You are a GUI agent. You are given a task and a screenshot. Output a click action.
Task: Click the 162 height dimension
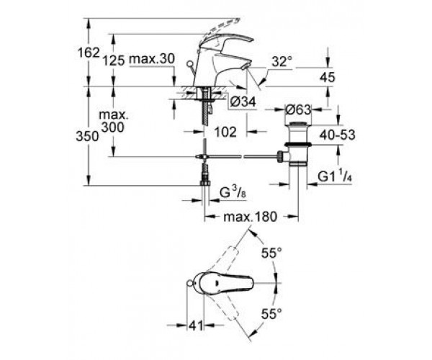coord(89,53)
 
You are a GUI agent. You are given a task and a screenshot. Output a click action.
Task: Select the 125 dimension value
coord(114,60)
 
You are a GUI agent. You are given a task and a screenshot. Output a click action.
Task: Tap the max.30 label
coord(152,58)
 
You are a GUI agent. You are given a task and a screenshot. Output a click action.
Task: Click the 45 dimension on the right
coord(328,77)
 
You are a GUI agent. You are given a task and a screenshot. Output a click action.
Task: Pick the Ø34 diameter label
coord(243,102)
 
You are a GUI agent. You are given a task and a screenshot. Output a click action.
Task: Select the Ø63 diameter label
coord(298,109)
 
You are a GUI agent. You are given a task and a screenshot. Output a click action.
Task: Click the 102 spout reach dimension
coord(225,132)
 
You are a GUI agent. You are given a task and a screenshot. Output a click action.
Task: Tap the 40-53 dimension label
coord(338,135)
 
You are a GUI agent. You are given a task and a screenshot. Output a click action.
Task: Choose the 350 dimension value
coord(87,136)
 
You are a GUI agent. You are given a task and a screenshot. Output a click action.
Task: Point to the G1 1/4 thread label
coord(335,176)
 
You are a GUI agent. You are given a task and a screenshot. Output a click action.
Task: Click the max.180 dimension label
coord(250,217)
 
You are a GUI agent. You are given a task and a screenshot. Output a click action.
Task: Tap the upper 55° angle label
coord(271,253)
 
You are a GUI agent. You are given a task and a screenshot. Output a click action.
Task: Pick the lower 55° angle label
coord(271,313)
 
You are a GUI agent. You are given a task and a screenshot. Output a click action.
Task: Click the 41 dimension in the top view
coord(195,325)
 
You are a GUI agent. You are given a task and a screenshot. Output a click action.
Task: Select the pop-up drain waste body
coord(297,143)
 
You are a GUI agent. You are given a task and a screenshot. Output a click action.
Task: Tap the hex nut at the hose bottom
coord(205,183)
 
